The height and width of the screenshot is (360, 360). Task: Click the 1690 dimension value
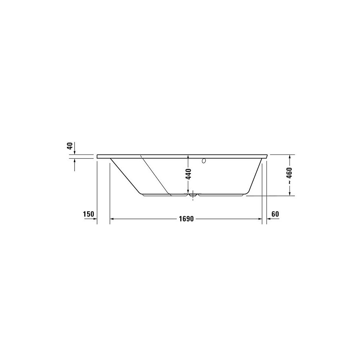click(186, 219)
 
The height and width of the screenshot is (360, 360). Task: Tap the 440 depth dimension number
click(188, 174)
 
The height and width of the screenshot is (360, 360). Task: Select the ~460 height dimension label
click(289, 176)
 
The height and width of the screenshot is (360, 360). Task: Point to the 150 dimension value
click(89, 214)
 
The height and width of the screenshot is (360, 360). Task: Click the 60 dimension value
click(275, 214)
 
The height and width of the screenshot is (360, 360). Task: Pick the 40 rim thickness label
click(70, 146)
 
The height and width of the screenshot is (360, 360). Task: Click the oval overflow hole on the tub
click(204, 161)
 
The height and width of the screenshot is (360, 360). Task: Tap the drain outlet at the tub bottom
click(193, 195)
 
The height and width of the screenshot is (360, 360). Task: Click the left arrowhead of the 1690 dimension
click(112, 219)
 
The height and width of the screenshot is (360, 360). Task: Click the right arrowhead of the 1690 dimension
click(260, 219)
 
